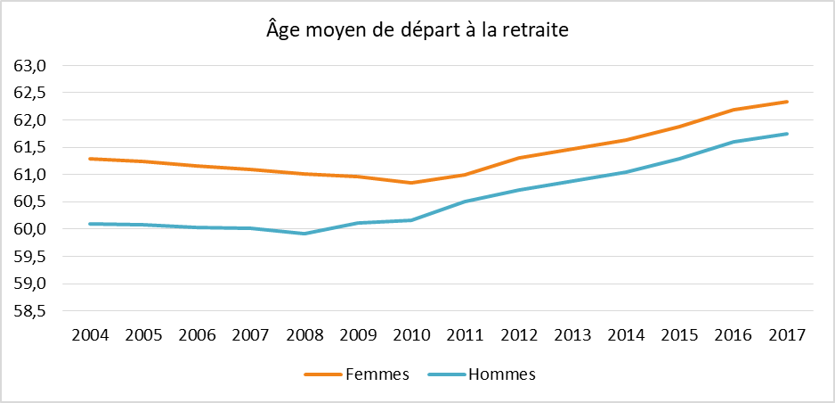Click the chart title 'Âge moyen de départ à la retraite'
[417, 30]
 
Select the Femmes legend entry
[356, 374]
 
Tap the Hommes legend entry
[482, 374]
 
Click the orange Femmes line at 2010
[412, 183]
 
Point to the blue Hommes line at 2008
[304, 234]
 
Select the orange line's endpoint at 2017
[788, 102]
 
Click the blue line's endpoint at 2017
[788, 134]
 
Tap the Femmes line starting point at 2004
[91, 159]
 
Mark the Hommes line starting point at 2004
[91, 224]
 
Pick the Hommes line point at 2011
[466, 201]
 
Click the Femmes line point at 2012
[519, 158]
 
